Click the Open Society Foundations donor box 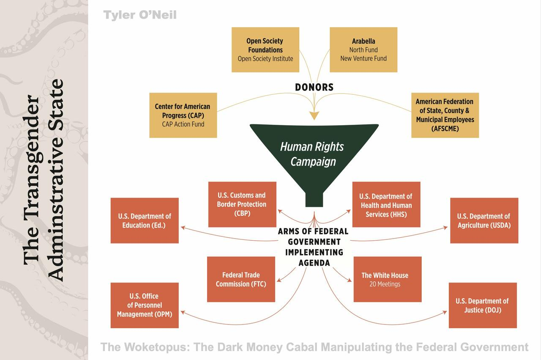click(x=265, y=49)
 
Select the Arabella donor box click(x=363, y=49)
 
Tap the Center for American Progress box click(x=183, y=115)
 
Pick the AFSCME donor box click(x=445, y=115)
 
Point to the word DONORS click(x=314, y=88)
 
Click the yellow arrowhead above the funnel click(x=314, y=115)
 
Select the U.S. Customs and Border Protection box click(x=242, y=204)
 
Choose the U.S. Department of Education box click(x=145, y=220)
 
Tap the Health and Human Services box click(x=386, y=205)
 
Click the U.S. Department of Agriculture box click(x=484, y=220)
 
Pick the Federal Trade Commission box click(x=241, y=279)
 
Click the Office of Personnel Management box click(x=145, y=305)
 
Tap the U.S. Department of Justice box click(x=483, y=305)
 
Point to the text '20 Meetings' click(x=385, y=284)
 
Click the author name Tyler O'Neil click(x=140, y=15)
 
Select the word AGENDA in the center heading click(x=314, y=263)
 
